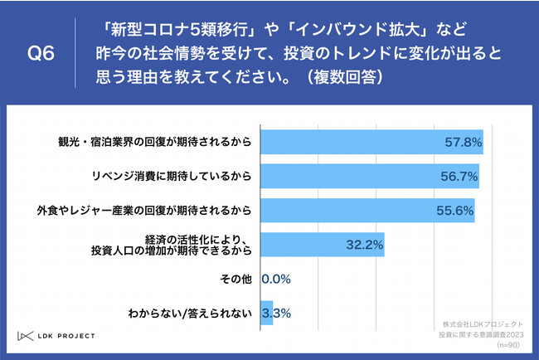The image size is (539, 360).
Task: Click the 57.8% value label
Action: (461, 143)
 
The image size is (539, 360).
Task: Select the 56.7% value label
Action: (458, 177)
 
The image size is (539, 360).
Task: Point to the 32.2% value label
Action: (362, 246)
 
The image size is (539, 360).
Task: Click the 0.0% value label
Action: (276, 280)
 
